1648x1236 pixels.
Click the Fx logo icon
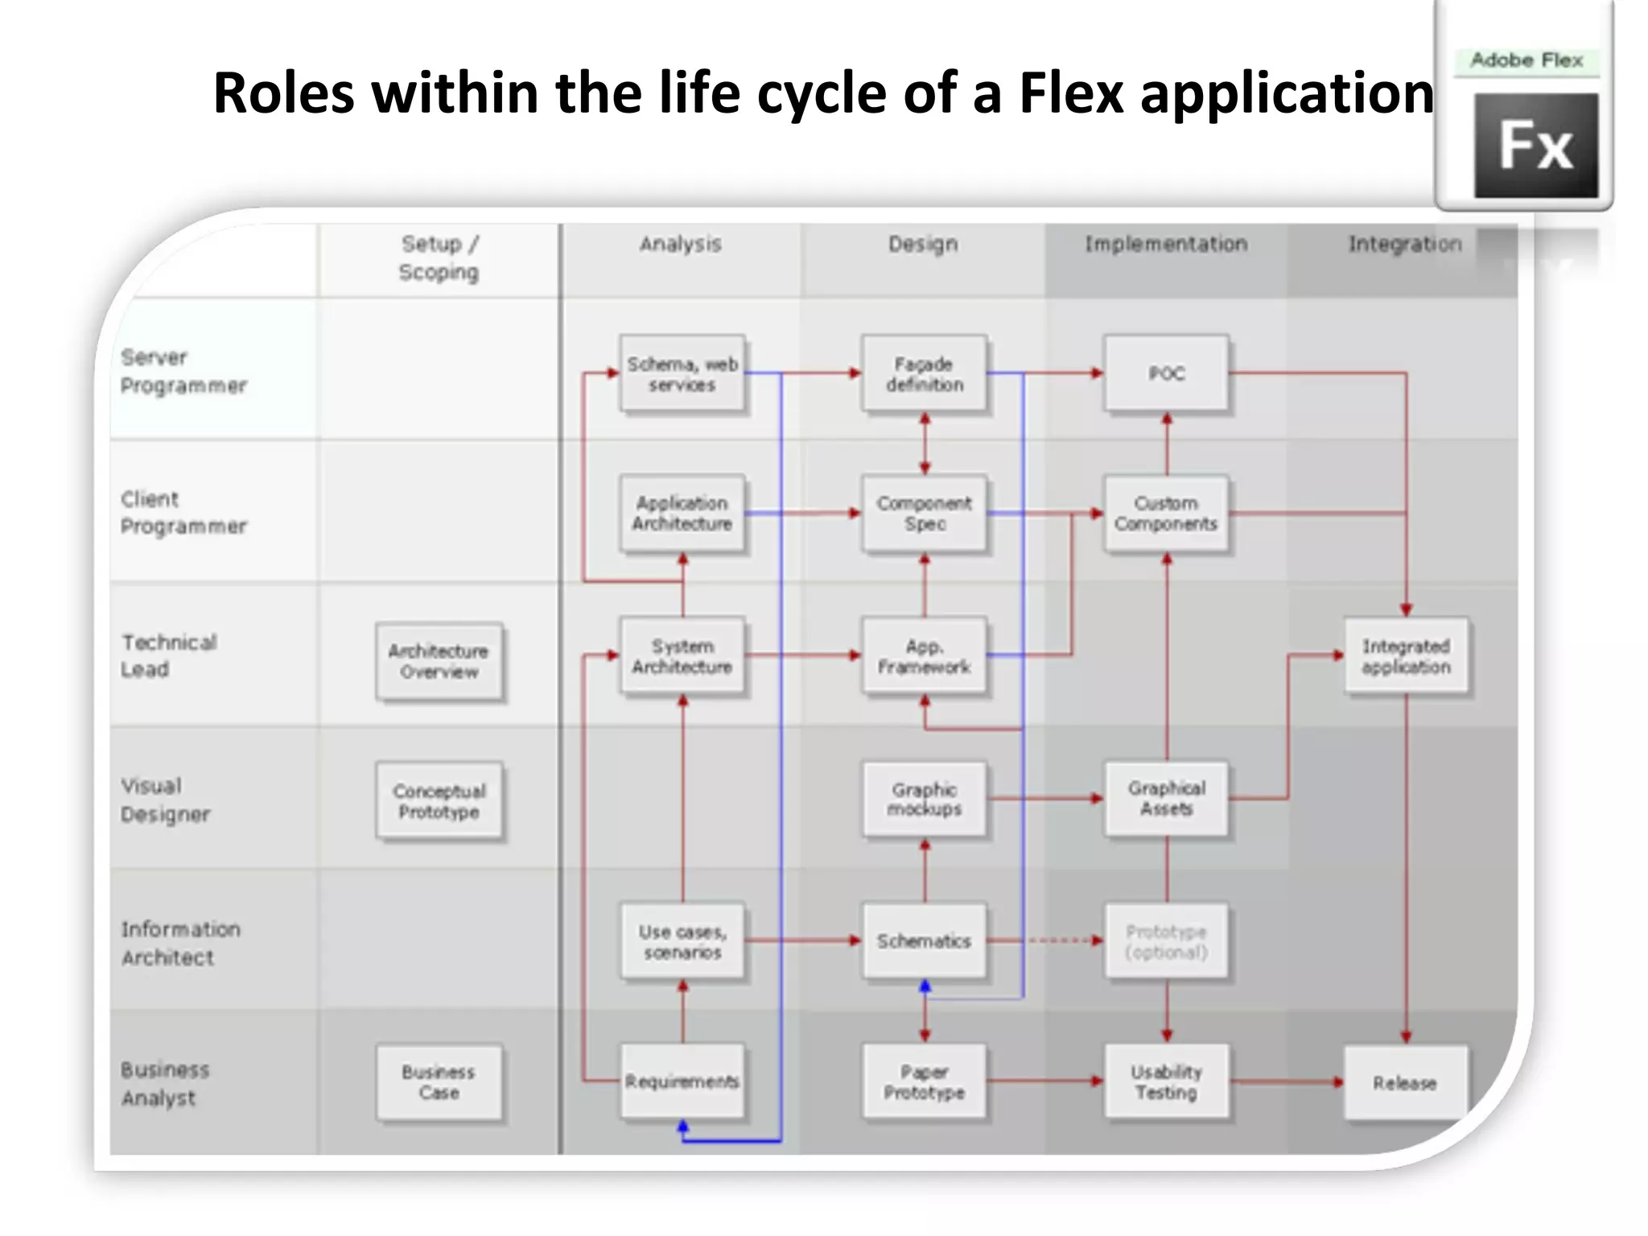tap(1535, 146)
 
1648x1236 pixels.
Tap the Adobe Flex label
tap(1526, 60)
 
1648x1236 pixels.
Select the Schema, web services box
tap(682, 374)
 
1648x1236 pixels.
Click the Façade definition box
tap(924, 374)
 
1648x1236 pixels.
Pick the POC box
tap(1166, 373)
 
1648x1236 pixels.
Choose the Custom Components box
tap(1166, 513)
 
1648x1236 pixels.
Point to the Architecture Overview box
tap(439, 661)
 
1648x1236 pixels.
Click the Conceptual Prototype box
tap(439, 801)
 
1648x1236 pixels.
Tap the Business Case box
tap(439, 1082)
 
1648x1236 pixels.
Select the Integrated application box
tap(1406, 656)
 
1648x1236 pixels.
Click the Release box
tap(1405, 1083)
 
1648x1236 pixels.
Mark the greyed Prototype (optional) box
tap(1166, 941)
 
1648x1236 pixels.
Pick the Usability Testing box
tap(1166, 1082)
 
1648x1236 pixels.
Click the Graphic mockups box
tap(924, 799)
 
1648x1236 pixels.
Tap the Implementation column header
tap(1166, 244)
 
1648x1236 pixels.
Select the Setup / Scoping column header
tap(439, 257)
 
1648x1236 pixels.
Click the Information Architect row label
tap(180, 943)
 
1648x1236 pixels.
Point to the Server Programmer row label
tap(183, 371)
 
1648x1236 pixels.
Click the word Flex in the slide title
tap(1070, 93)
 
